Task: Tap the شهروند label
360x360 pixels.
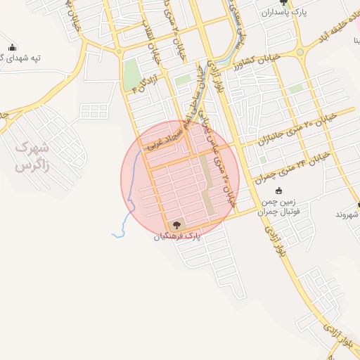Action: coord(348,212)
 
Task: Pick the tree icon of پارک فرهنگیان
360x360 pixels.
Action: coord(176,225)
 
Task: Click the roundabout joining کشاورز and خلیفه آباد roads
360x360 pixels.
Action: coord(302,51)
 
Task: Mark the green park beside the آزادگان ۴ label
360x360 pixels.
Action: coord(131,75)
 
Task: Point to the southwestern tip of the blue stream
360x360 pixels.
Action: coord(113,234)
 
